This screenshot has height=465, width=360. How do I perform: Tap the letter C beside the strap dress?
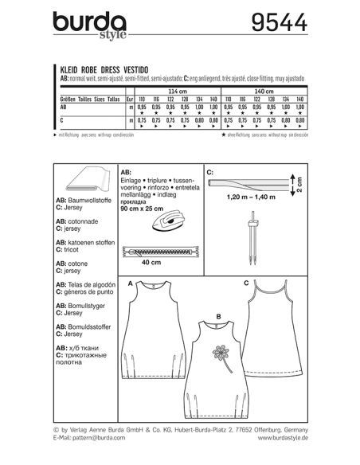(247, 283)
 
